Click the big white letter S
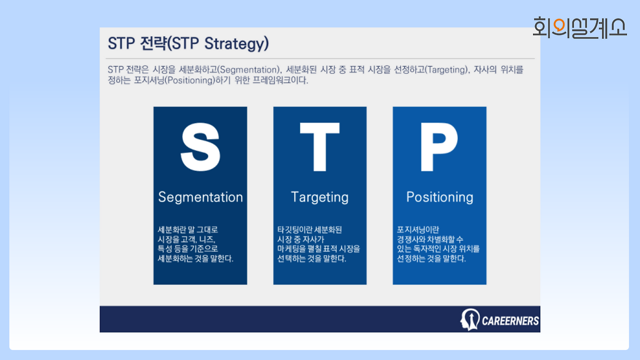(x=200, y=147)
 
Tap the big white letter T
(x=319, y=147)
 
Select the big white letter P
(x=439, y=147)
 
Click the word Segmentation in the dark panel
(x=200, y=197)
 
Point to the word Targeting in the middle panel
(x=319, y=197)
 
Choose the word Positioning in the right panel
(x=439, y=197)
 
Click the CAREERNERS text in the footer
(x=510, y=321)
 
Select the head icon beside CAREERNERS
(x=469, y=319)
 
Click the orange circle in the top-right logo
(x=558, y=25)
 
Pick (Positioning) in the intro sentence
(x=190, y=80)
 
